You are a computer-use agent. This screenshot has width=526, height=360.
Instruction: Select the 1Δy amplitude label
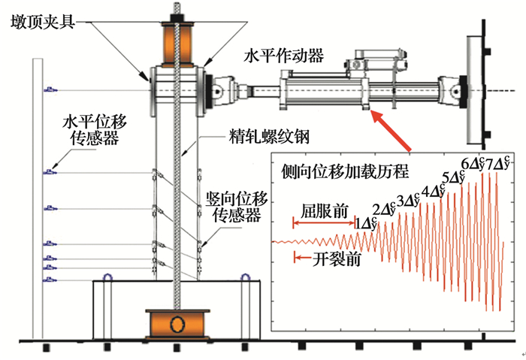[x=365, y=223]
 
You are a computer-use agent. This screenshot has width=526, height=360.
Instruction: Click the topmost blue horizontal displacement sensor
[x=51, y=90]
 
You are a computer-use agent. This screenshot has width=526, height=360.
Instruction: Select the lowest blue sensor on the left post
[x=51, y=280]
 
